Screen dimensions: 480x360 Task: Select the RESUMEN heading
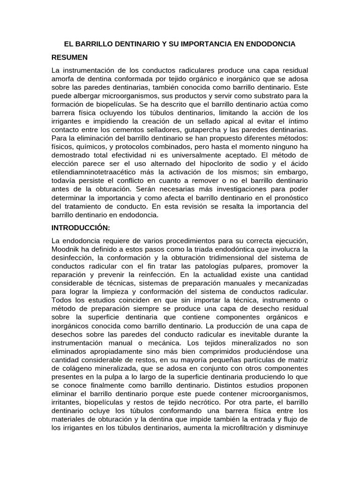click(x=70, y=57)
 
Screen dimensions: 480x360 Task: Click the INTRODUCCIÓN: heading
click(x=80, y=228)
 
